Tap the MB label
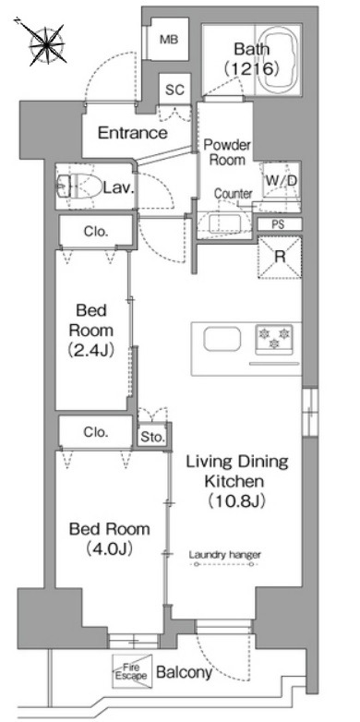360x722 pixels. pos(168,40)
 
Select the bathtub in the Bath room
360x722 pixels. pos(277,59)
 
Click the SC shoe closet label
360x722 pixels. pos(175,90)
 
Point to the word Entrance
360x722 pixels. pos(133,134)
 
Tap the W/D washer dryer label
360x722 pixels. pos(280,181)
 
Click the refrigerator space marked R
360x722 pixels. pos(280,257)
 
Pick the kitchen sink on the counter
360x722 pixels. pos(222,340)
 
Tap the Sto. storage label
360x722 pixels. pos(152,438)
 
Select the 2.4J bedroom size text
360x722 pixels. pos(91,352)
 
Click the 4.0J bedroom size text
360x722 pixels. pos(110,548)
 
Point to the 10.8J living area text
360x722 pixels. pos(236,501)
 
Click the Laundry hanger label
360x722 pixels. pos(225,554)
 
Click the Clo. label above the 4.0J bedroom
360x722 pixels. pos(96,432)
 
